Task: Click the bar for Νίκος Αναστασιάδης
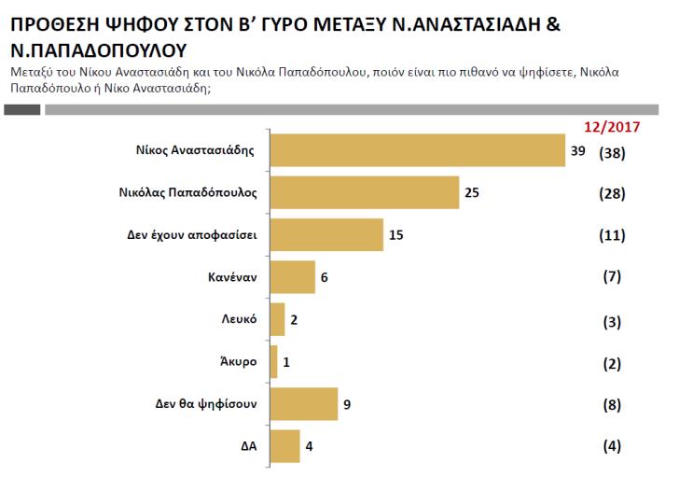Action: click(x=416, y=151)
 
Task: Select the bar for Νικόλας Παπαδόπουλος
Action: click(x=364, y=193)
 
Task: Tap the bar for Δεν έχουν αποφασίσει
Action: click(x=326, y=235)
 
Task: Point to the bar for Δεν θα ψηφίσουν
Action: click(x=302, y=403)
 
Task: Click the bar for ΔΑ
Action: click(x=284, y=445)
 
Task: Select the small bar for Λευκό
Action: click(x=276, y=319)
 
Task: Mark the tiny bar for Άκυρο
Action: click(x=272, y=361)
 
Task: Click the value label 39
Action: click(x=578, y=151)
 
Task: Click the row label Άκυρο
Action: click(x=240, y=361)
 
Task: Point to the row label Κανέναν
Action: click(x=233, y=277)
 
